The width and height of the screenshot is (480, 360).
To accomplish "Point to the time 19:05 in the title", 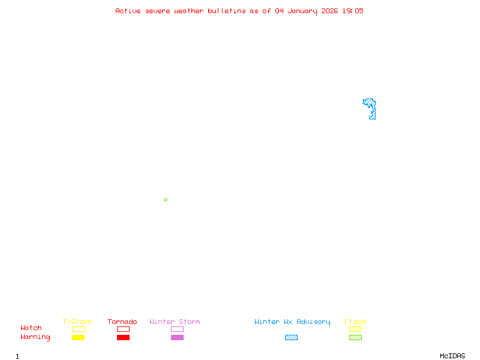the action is pyautogui.click(x=353, y=11).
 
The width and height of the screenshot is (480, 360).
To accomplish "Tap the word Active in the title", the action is pyautogui.click(x=128, y=11).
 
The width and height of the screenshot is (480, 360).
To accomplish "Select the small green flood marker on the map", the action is pyautogui.click(x=166, y=199).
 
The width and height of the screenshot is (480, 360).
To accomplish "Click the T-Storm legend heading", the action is pyautogui.click(x=77, y=322).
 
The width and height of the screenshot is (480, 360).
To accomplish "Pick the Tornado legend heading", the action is pyautogui.click(x=122, y=322).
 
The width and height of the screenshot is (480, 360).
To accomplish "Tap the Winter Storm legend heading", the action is pyautogui.click(x=175, y=322).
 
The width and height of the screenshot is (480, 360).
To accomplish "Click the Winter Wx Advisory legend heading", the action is pyautogui.click(x=292, y=322).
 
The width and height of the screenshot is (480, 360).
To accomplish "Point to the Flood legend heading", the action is pyautogui.click(x=355, y=322).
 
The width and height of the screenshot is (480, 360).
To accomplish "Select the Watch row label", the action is pyautogui.click(x=31, y=328).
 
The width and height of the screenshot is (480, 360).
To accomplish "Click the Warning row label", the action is pyautogui.click(x=35, y=337).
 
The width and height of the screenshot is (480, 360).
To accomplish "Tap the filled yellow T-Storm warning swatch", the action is pyautogui.click(x=78, y=337).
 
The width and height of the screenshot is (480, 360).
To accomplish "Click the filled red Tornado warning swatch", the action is pyautogui.click(x=123, y=337).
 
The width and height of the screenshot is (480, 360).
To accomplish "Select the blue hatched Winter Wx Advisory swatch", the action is pyautogui.click(x=291, y=337).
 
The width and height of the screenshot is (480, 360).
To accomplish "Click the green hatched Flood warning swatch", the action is pyautogui.click(x=355, y=337).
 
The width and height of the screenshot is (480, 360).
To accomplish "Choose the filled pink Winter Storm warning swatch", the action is pyautogui.click(x=177, y=337).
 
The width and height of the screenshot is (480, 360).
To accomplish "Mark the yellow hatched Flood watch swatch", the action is pyautogui.click(x=355, y=329).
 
